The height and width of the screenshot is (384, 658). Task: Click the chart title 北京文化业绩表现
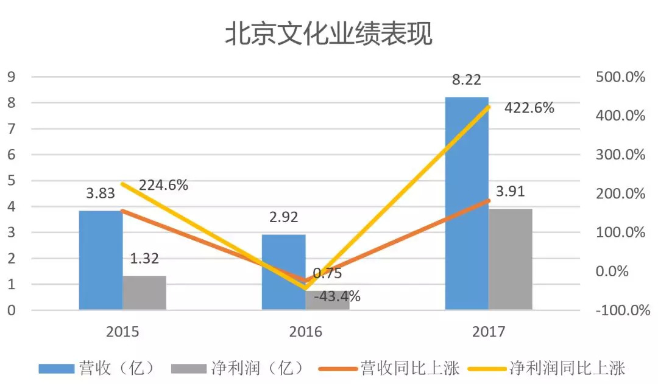coord(328,35)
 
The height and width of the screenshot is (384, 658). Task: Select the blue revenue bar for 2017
coord(467,203)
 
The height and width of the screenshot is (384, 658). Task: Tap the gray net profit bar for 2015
coord(144,293)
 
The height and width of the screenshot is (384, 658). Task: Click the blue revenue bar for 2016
coord(283,272)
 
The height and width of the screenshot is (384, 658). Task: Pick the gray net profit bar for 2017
coord(511,259)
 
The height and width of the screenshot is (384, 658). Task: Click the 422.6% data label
coord(529,108)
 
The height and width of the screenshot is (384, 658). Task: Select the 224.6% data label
coord(163,185)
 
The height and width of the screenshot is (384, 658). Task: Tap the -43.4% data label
coord(337,297)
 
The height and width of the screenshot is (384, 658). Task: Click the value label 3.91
coord(510,192)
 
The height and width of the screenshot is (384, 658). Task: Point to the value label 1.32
coord(144,259)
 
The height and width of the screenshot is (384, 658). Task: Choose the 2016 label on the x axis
coord(305,332)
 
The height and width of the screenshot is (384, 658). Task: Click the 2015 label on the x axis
coord(122,332)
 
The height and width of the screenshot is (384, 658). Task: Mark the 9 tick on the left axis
coord(10,77)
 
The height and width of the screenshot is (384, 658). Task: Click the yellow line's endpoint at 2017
coord(489,106)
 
